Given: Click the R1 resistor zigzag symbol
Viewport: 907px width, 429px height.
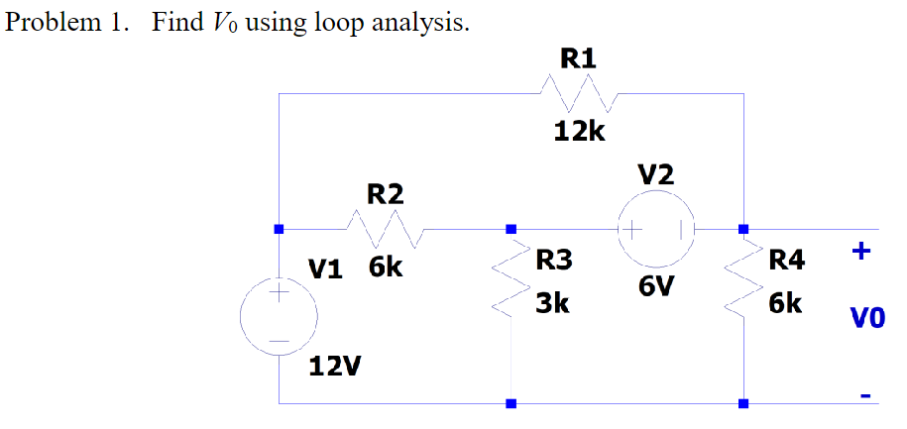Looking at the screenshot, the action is (580, 93).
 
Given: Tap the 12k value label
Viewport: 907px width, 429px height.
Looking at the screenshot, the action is (580, 133).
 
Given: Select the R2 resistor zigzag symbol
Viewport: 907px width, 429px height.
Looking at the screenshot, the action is (386, 230).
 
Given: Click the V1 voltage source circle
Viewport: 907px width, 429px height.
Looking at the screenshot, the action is (279, 316).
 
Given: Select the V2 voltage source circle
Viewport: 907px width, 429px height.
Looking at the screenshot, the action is (656, 230).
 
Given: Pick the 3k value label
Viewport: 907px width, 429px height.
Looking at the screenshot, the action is (552, 304).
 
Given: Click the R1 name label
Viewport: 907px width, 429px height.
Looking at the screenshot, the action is (579, 59).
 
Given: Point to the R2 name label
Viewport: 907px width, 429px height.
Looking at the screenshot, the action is (385, 195).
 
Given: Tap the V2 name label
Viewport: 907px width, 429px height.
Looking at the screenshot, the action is (656, 174).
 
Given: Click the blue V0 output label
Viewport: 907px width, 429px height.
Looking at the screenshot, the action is (867, 318).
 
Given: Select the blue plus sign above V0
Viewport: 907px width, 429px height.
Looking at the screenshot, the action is (861, 252).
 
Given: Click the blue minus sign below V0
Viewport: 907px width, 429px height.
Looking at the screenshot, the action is (865, 396).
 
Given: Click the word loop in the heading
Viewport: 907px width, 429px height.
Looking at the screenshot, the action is (337, 25).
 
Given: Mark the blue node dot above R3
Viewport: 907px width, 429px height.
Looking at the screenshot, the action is (511, 230).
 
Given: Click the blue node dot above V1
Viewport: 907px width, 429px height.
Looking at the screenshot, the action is (279, 230).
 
